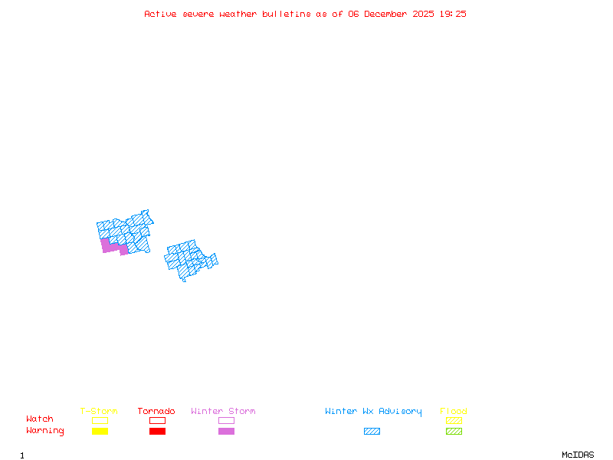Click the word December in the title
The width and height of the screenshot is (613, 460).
[388, 14]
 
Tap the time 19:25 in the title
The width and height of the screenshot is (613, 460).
[454, 14]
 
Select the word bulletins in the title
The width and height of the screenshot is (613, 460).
[287, 14]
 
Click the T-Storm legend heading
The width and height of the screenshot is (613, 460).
[99, 412]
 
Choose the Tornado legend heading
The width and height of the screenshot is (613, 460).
[156, 412]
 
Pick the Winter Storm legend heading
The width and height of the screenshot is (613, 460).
[223, 412]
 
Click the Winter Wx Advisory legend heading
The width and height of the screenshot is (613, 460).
[373, 412]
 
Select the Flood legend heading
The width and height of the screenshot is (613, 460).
[454, 412]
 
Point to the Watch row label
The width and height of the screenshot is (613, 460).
[40, 419]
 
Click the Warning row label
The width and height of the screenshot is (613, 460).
[45, 431]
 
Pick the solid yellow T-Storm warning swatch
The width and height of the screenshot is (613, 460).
[100, 432]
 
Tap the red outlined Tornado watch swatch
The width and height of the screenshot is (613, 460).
[157, 420]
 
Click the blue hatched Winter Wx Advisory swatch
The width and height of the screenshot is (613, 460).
[372, 432]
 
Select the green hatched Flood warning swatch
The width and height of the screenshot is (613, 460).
[454, 432]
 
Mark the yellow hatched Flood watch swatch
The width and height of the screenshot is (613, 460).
[454, 420]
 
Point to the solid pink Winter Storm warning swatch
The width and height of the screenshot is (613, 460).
[226, 432]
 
